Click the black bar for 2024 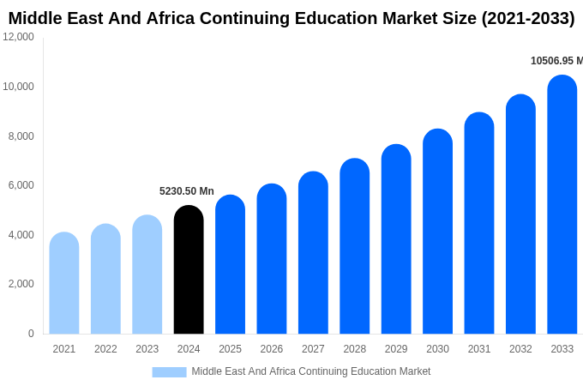coord(189,270)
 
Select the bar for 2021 coord(64,283)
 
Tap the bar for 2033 coord(562,206)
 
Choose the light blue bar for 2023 coord(147,274)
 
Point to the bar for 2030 coord(437,232)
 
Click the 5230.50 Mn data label coord(187,191)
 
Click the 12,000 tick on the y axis coord(19,37)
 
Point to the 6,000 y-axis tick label coord(21,185)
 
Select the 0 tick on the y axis coord(31,334)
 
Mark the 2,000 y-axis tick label coord(21,284)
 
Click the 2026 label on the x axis coord(272,349)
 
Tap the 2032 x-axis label coord(520,349)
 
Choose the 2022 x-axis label coord(105,349)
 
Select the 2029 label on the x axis coord(396,349)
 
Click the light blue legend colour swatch coord(169,371)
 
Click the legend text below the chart coord(311,371)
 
